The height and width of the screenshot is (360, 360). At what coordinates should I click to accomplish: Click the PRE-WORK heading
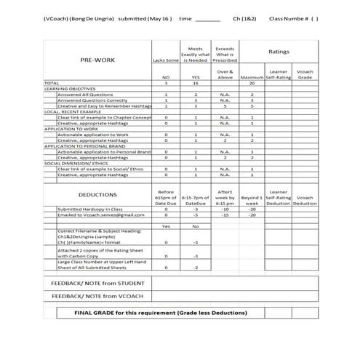[x=97, y=60]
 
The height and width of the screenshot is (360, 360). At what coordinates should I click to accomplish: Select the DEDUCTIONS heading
[x=97, y=195]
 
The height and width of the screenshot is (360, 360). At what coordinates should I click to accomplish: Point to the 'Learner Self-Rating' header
[x=279, y=75]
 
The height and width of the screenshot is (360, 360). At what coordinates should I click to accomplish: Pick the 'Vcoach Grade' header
[x=306, y=75]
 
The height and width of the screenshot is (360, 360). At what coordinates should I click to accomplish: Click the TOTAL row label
[x=52, y=84]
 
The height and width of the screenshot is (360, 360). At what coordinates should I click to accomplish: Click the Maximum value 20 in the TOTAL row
[x=252, y=84]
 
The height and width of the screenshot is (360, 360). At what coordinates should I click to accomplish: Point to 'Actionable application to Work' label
[x=91, y=134]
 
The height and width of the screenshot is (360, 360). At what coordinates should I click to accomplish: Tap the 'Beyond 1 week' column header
[x=252, y=198]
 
